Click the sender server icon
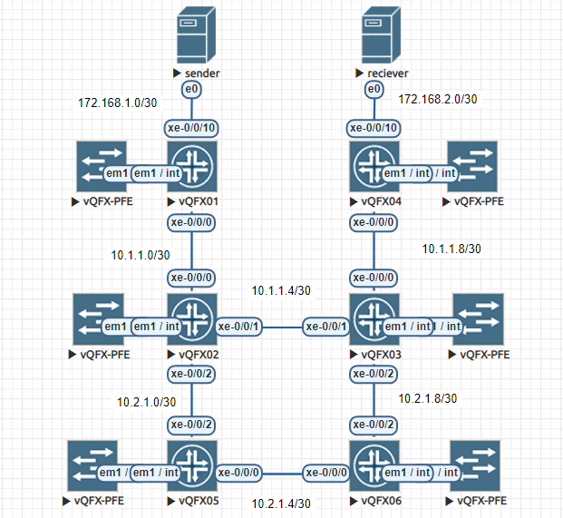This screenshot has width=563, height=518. (x=196, y=34)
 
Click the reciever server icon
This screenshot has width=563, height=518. (x=381, y=34)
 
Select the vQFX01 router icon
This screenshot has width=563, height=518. (x=192, y=166)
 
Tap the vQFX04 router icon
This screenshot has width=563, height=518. (x=374, y=166)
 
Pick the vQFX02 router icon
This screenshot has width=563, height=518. (x=192, y=319)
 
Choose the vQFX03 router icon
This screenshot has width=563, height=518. (x=374, y=319)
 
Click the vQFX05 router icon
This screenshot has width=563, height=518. (x=192, y=465)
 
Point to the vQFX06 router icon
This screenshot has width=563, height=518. (x=374, y=465)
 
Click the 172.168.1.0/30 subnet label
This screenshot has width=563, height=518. (x=118, y=103)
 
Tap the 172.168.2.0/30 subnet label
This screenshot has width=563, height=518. (x=438, y=99)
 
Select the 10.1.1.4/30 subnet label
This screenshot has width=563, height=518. (x=281, y=290)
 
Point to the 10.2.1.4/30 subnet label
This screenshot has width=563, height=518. (x=281, y=503)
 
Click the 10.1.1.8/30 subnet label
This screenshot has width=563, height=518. (x=451, y=249)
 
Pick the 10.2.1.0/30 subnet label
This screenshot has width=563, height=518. (x=147, y=402)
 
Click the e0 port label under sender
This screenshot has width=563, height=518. (x=191, y=89)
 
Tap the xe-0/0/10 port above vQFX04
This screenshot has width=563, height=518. (x=374, y=128)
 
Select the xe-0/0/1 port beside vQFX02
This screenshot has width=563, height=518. (x=238, y=327)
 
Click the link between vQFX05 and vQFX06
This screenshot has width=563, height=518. (x=282, y=474)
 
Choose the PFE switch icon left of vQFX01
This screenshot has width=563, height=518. (x=102, y=166)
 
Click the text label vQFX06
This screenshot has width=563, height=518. (x=382, y=501)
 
